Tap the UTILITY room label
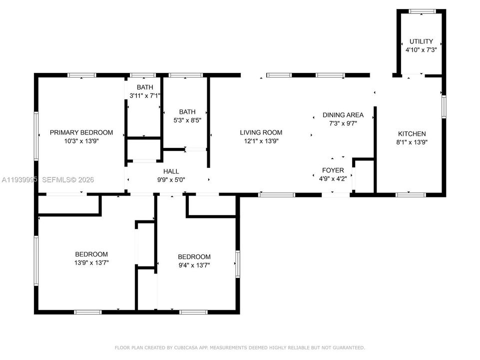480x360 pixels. [x=421, y=41]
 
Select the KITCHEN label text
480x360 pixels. [x=412, y=133]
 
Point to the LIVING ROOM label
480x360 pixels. [x=261, y=132]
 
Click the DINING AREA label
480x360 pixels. [x=343, y=115]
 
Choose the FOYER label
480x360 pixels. [x=333, y=170]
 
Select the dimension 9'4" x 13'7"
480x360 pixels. [x=194, y=265]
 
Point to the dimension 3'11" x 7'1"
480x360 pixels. [x=145, y=95]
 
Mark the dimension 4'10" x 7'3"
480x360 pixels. [x=421, y=49]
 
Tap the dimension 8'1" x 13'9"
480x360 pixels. [x=412, y=142]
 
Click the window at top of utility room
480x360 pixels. [x=422, y=11]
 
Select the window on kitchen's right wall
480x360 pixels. [x=443, y=107]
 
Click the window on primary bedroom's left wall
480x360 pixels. [x=36, y=136]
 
